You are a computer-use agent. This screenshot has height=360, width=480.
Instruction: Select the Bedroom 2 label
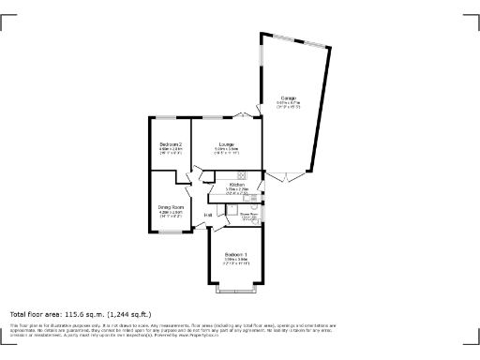170,143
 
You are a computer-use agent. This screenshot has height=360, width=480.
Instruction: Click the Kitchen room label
237,185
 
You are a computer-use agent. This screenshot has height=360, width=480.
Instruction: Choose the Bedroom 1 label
236,255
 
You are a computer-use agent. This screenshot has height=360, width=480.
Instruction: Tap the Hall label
207,215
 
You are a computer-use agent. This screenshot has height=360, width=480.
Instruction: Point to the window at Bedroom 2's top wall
169,116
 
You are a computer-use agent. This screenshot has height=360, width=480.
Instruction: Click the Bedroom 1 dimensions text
236,262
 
